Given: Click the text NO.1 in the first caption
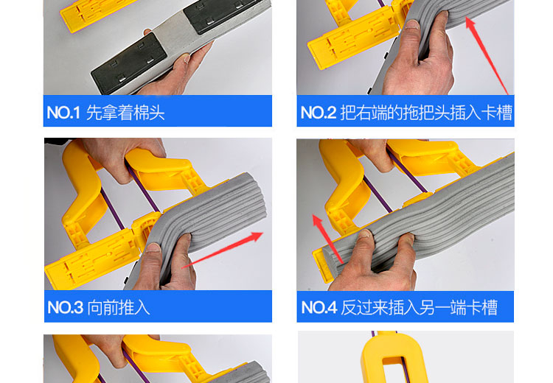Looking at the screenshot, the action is [x=63, y=113].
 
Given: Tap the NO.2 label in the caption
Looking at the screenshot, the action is [x=318, y=113].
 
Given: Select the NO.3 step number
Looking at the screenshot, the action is [x=65, y=308].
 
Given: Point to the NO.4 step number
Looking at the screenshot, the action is [x=319, y=308].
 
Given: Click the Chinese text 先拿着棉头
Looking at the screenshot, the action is [x=125, y=113].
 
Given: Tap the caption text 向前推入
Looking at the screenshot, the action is [x=119, y=308].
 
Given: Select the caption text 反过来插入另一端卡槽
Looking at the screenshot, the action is [x=419, y=308].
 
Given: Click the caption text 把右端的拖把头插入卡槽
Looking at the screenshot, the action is [x=426, y=113].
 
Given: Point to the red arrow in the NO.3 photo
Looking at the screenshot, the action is [x=222, y=250].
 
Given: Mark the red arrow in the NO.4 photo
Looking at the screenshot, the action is [x=328, y=239].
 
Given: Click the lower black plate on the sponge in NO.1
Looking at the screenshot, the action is [x=129, y=64].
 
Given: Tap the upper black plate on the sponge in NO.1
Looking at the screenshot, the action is [x=222, y=15].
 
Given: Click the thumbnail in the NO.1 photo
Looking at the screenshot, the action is [x=185, y=58].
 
